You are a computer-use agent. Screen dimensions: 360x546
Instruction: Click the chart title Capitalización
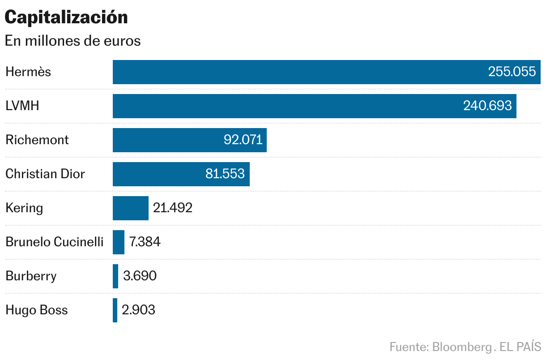(x=66, y=17)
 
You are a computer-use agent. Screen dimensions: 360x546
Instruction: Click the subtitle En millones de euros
(x=73, y=41)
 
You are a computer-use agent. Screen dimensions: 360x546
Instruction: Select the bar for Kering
(x=130, y=208)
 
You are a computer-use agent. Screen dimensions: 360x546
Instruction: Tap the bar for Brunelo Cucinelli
(x=119, y=242)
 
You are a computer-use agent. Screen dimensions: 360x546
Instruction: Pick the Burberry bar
(x=115, y=276)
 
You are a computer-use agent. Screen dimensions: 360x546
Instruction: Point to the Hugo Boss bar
(x=115, y=310)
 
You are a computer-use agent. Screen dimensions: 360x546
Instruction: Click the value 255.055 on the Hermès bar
(x=512, y=72)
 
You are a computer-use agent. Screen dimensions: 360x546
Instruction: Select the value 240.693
(x=488, y=106)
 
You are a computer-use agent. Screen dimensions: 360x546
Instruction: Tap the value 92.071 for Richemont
(x=243, y=140)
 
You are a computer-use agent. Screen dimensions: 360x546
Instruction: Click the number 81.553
(x=225, y=174)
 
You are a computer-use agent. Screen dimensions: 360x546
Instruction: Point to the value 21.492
(x=173, y=208)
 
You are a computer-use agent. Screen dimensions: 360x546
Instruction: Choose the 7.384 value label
(x=145, y=242)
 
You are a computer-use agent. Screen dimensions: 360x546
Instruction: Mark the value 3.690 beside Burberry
(x=140, y=276)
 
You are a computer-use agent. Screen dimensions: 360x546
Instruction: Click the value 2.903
(x=138, y=310)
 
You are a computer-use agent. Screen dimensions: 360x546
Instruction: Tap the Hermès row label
(x=28, y=72)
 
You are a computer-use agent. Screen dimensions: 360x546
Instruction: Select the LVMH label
(x=22, y=106)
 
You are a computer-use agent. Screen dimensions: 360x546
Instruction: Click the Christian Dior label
(x=45, y=174)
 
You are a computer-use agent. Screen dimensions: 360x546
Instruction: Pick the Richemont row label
(x=37, y=140)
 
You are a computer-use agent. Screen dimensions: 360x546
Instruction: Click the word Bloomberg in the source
(x=461, y=347)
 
